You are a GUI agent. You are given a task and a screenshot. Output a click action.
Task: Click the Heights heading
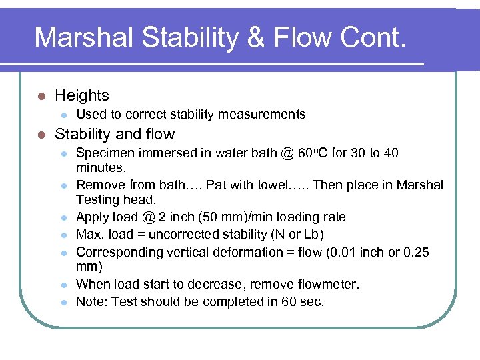click(82, 96)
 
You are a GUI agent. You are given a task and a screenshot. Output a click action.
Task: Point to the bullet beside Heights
click(41, 97)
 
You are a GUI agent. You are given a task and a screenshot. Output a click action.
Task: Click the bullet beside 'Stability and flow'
click(41, 135)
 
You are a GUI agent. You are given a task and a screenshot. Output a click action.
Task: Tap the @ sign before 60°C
click(287, 154)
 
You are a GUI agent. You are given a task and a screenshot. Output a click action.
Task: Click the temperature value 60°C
click(313, 154)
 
